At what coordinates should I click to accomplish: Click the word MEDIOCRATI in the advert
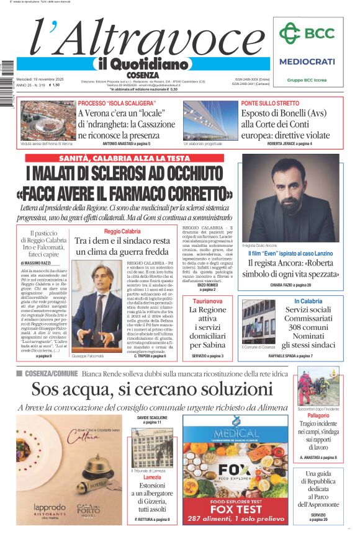307,61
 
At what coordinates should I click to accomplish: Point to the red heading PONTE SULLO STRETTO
270,103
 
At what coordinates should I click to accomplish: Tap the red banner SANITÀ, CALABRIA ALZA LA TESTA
125,158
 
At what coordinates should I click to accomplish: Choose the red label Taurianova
207,301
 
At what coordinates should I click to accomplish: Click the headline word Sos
47,389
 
